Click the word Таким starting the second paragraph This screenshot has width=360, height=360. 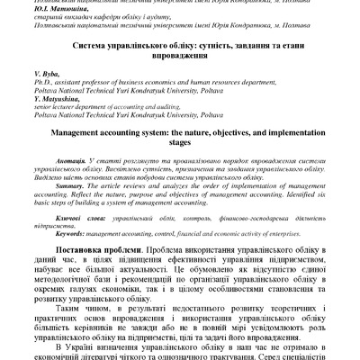point(72,331)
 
